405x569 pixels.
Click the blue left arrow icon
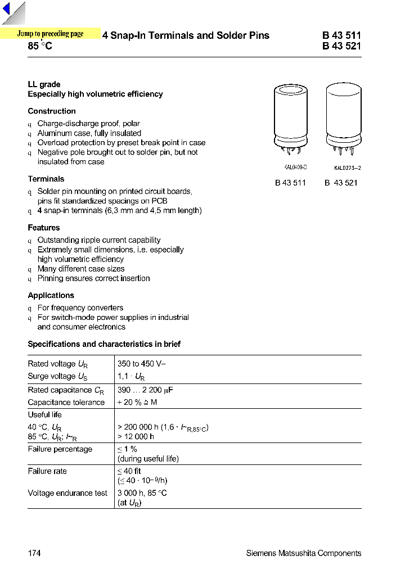point(6,11)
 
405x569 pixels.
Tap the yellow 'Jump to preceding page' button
point(50,34)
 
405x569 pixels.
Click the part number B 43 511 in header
point(341,35)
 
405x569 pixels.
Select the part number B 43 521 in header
point(341,46)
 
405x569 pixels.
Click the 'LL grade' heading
point(44,84)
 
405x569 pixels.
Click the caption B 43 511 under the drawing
point(290,183)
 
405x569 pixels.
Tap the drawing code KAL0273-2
point(347,168)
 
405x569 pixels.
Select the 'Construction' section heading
point(52,111)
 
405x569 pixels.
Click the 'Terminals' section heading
point(46,179)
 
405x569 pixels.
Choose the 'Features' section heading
point(44,228)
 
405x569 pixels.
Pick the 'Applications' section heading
point(51,295)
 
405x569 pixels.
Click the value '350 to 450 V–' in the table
point(141,364)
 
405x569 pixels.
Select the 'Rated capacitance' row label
point(60,390)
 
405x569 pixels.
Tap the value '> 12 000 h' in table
point(136,436)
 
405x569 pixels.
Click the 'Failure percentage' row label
point(60,449)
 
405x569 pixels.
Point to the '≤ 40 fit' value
point(129,471)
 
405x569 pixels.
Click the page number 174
point(34,553)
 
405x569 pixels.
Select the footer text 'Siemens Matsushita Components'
point(304,553)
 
